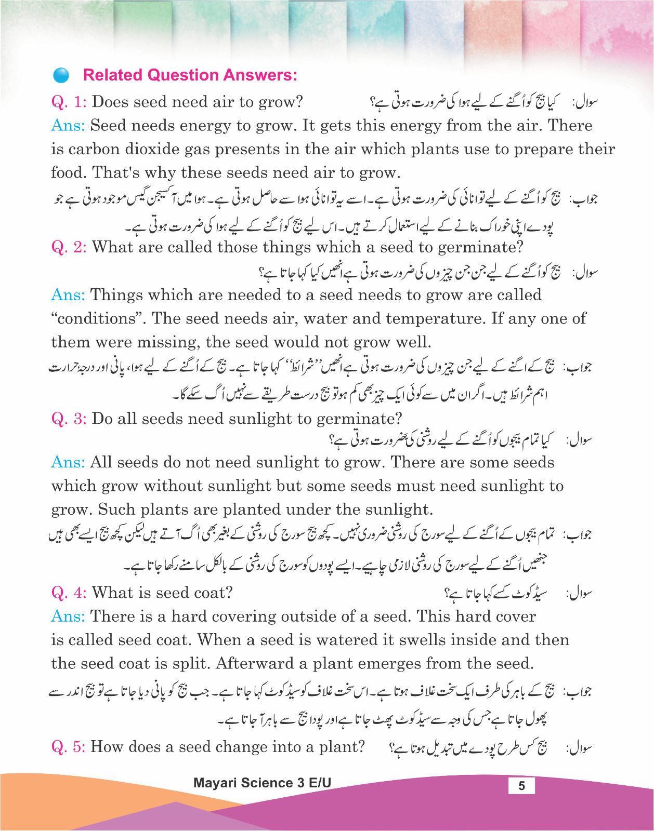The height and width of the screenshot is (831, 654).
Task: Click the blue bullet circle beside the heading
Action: (x=61, y=76)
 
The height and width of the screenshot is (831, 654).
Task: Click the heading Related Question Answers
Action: (x=190, y=75)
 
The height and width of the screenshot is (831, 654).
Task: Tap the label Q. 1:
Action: (x=69, y=102)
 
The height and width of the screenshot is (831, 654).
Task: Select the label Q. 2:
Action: (x=69, y=247)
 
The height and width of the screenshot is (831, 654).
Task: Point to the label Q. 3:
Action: (x=69, y=419)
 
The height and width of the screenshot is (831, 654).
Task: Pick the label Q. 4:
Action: (x=69, y=593)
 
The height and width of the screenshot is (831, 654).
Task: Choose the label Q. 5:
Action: (x=69, y=747)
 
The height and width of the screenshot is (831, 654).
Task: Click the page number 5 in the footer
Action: (x=521, y=786)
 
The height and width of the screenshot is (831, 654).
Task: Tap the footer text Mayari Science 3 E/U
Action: (x=262, y=783)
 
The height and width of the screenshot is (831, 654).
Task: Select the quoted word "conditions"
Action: (x=98, y=318)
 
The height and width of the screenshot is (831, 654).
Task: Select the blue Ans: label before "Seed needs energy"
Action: (x=68, y=126)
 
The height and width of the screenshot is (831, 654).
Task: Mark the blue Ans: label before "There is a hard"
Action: (x=68, y=616)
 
